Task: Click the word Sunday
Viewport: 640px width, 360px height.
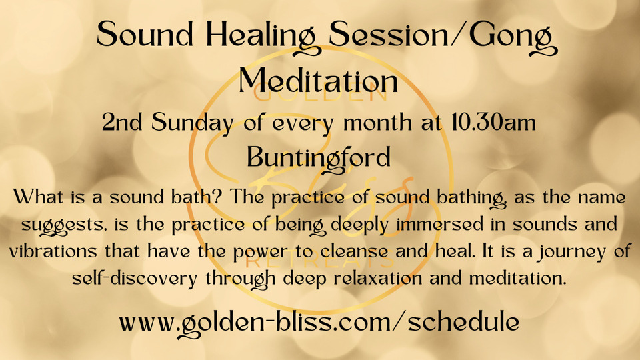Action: click(x=193, y=123)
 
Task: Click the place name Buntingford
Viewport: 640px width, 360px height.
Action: click(x=319, y=159)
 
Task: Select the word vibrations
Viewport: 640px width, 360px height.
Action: click(x=53, y=251)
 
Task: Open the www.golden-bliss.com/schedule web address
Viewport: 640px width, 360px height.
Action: click(x=319, y=323)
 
